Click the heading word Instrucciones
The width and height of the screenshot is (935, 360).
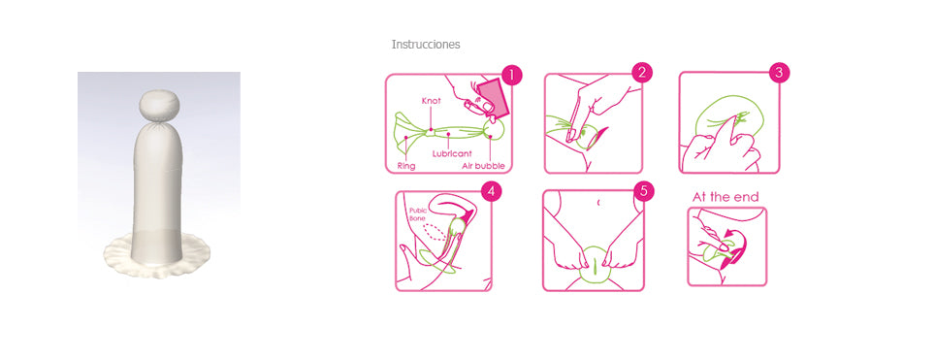[425, 45]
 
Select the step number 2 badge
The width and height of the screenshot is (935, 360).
[641, 73]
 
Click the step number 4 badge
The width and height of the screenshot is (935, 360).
[492, 191]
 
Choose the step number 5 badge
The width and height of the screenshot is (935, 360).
[641, 190]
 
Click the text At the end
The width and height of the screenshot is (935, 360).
[725, 197]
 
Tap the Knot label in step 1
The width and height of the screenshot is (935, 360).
[431, 101]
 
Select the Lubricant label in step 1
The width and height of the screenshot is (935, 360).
[452, 152]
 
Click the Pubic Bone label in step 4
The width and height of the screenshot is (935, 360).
[418, 215]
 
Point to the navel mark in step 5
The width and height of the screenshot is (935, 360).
[598, 202]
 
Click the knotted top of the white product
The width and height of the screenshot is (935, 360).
[157, 104]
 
